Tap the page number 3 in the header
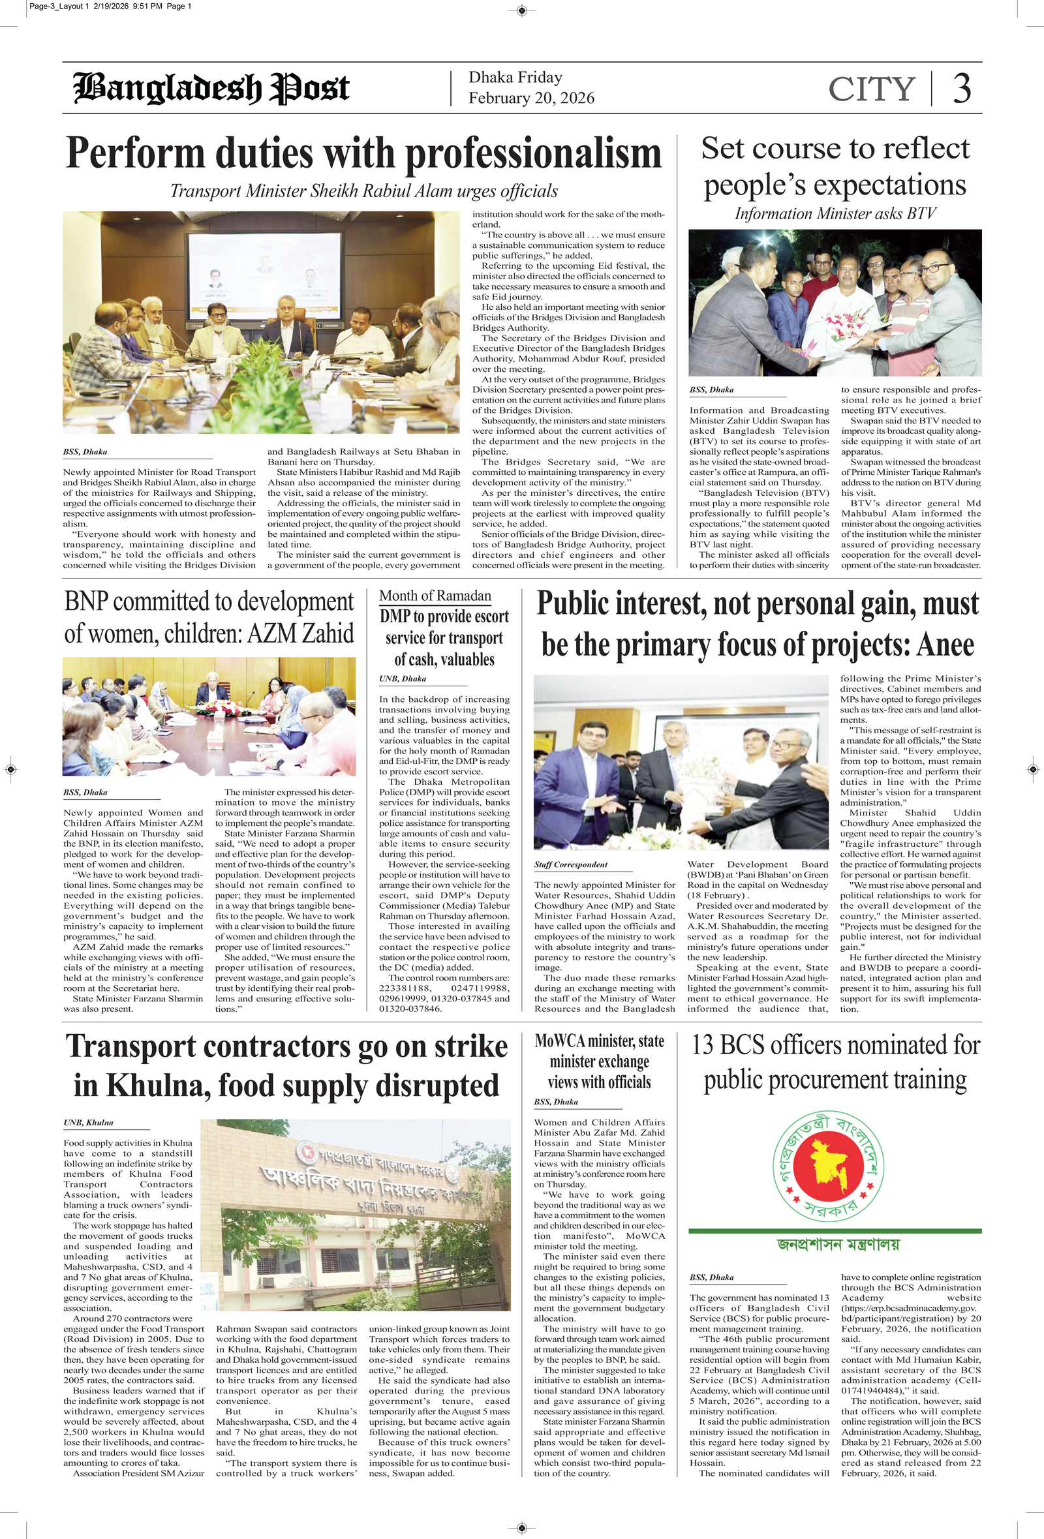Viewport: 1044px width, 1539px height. pos(962,89)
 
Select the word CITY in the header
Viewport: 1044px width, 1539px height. pos(871,89)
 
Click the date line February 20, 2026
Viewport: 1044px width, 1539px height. pos(531,98)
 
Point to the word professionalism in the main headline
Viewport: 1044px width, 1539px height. pos(533,153)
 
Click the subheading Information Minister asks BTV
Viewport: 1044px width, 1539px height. pos(835,214)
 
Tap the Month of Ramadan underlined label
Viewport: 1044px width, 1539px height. pos(435,596)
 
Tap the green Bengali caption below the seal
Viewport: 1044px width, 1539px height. pos(838,1244)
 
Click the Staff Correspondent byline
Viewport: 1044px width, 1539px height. pos(570,864)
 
